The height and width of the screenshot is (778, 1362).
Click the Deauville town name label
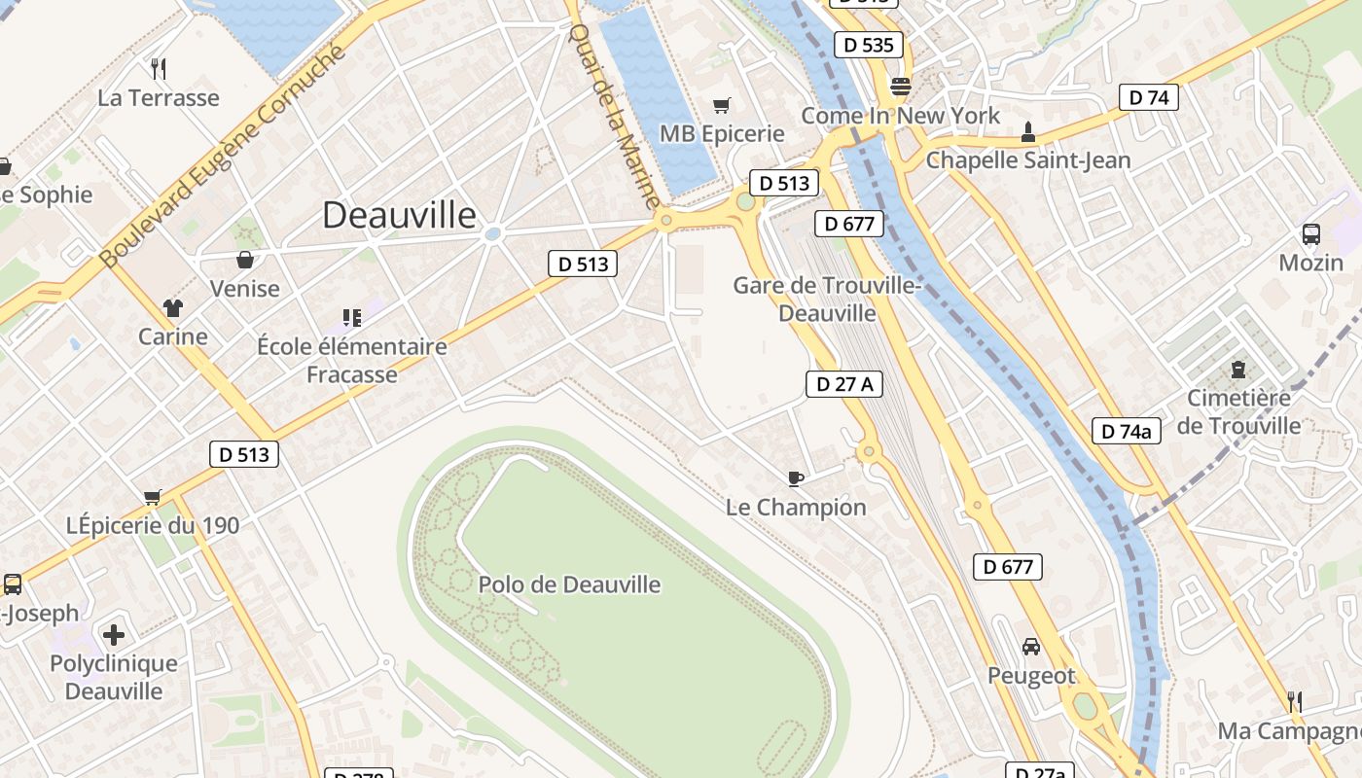point(399,215)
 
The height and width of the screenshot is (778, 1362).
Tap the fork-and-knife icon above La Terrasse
point(159,68)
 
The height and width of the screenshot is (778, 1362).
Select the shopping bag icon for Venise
point(245,260)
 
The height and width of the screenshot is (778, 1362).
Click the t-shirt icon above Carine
point(173,308)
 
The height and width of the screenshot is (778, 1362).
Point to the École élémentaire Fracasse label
point(352,360)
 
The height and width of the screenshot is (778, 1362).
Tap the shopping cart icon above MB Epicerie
point(721,105)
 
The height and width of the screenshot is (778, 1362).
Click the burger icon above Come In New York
point(900,87)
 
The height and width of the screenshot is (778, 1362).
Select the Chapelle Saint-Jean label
point(1028,159)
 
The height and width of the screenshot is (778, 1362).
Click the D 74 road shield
point(1148,97)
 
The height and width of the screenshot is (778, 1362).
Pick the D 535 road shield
point(869,45)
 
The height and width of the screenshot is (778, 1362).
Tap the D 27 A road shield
point(843,384)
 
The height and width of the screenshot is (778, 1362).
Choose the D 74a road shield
point(1127,431)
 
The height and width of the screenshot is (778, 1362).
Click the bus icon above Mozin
point(1310,233)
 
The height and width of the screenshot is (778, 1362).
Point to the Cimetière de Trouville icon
point(1237,370)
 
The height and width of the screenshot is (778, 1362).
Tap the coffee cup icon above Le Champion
point(795,477)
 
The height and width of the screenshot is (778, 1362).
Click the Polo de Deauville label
point(569,584)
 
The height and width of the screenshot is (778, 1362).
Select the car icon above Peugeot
point(1031,646)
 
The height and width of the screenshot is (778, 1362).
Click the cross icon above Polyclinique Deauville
point(114,635)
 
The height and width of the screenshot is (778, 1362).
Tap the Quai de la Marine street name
point(614,115)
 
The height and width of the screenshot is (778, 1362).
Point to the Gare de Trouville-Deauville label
point(827,300)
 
